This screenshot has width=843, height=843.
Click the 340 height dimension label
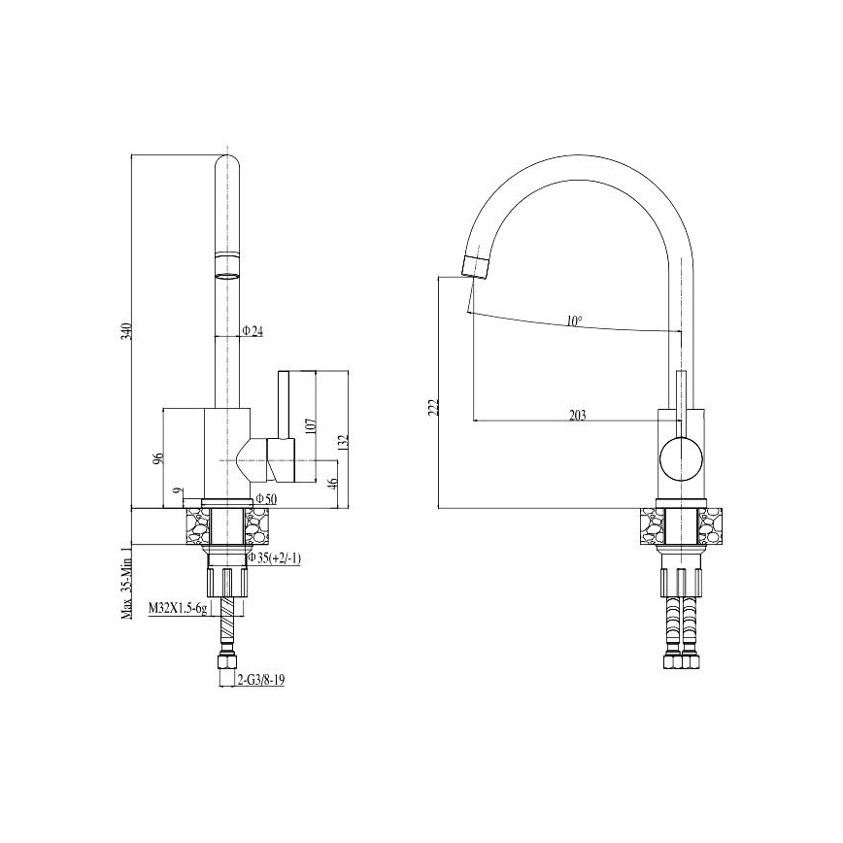(125, 331)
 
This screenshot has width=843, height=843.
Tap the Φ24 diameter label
(253, 331)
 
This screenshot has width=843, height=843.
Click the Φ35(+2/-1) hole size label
(275, 557)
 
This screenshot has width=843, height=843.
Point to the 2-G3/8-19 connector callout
(260, 680)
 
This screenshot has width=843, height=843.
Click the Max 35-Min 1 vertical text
(125, 580)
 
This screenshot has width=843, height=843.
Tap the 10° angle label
(575, 320)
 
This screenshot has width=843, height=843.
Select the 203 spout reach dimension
(576, 415)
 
